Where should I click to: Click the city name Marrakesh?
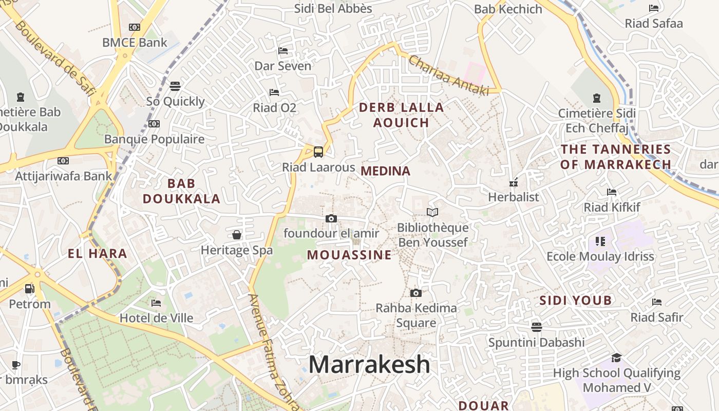[369, 364]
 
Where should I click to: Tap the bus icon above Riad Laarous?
[318, 152]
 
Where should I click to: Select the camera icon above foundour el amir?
[331, 219]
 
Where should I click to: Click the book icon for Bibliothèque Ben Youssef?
[432, 213]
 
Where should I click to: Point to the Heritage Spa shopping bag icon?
[237, 235]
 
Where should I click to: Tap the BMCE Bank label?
[135, 43]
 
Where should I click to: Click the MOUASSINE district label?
[349, 255]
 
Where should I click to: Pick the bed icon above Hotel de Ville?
[157, 303]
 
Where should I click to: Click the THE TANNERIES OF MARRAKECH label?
[616, 157]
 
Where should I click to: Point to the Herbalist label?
[514, 197]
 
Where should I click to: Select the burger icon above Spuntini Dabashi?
[537, 327]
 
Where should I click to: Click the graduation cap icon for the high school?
[616, 358]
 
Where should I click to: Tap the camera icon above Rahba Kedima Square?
[416, 293]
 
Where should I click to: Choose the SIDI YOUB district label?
[576, 301]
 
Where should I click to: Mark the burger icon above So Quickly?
[175, 86]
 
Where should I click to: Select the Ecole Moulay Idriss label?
[600, 256]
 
